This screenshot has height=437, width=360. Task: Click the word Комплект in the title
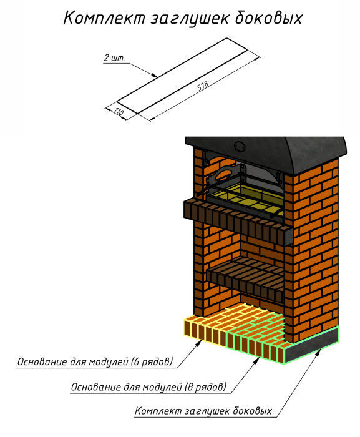tap(104, 18)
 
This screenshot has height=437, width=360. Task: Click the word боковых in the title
tap(269, 18)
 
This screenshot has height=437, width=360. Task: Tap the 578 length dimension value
tap(203, 86)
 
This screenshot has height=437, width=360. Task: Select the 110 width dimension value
tap(119, 112)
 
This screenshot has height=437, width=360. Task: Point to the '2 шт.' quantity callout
tap(115, 58)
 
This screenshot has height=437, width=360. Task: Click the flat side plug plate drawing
tap(182, 76)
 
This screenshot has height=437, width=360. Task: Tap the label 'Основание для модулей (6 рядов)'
tap(95, 361)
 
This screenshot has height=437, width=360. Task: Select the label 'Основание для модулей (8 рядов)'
tap(148, 387)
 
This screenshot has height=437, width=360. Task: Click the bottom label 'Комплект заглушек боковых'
tap(203, 411)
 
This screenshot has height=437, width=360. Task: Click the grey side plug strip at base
tap(311, 346)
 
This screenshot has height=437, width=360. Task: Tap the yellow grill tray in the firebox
tap(245, 198)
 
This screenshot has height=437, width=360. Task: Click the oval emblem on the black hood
tap(240, 146)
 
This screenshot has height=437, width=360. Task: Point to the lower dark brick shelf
tap(246, 278)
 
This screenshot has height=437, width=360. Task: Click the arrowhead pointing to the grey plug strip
tap(319, 351)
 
